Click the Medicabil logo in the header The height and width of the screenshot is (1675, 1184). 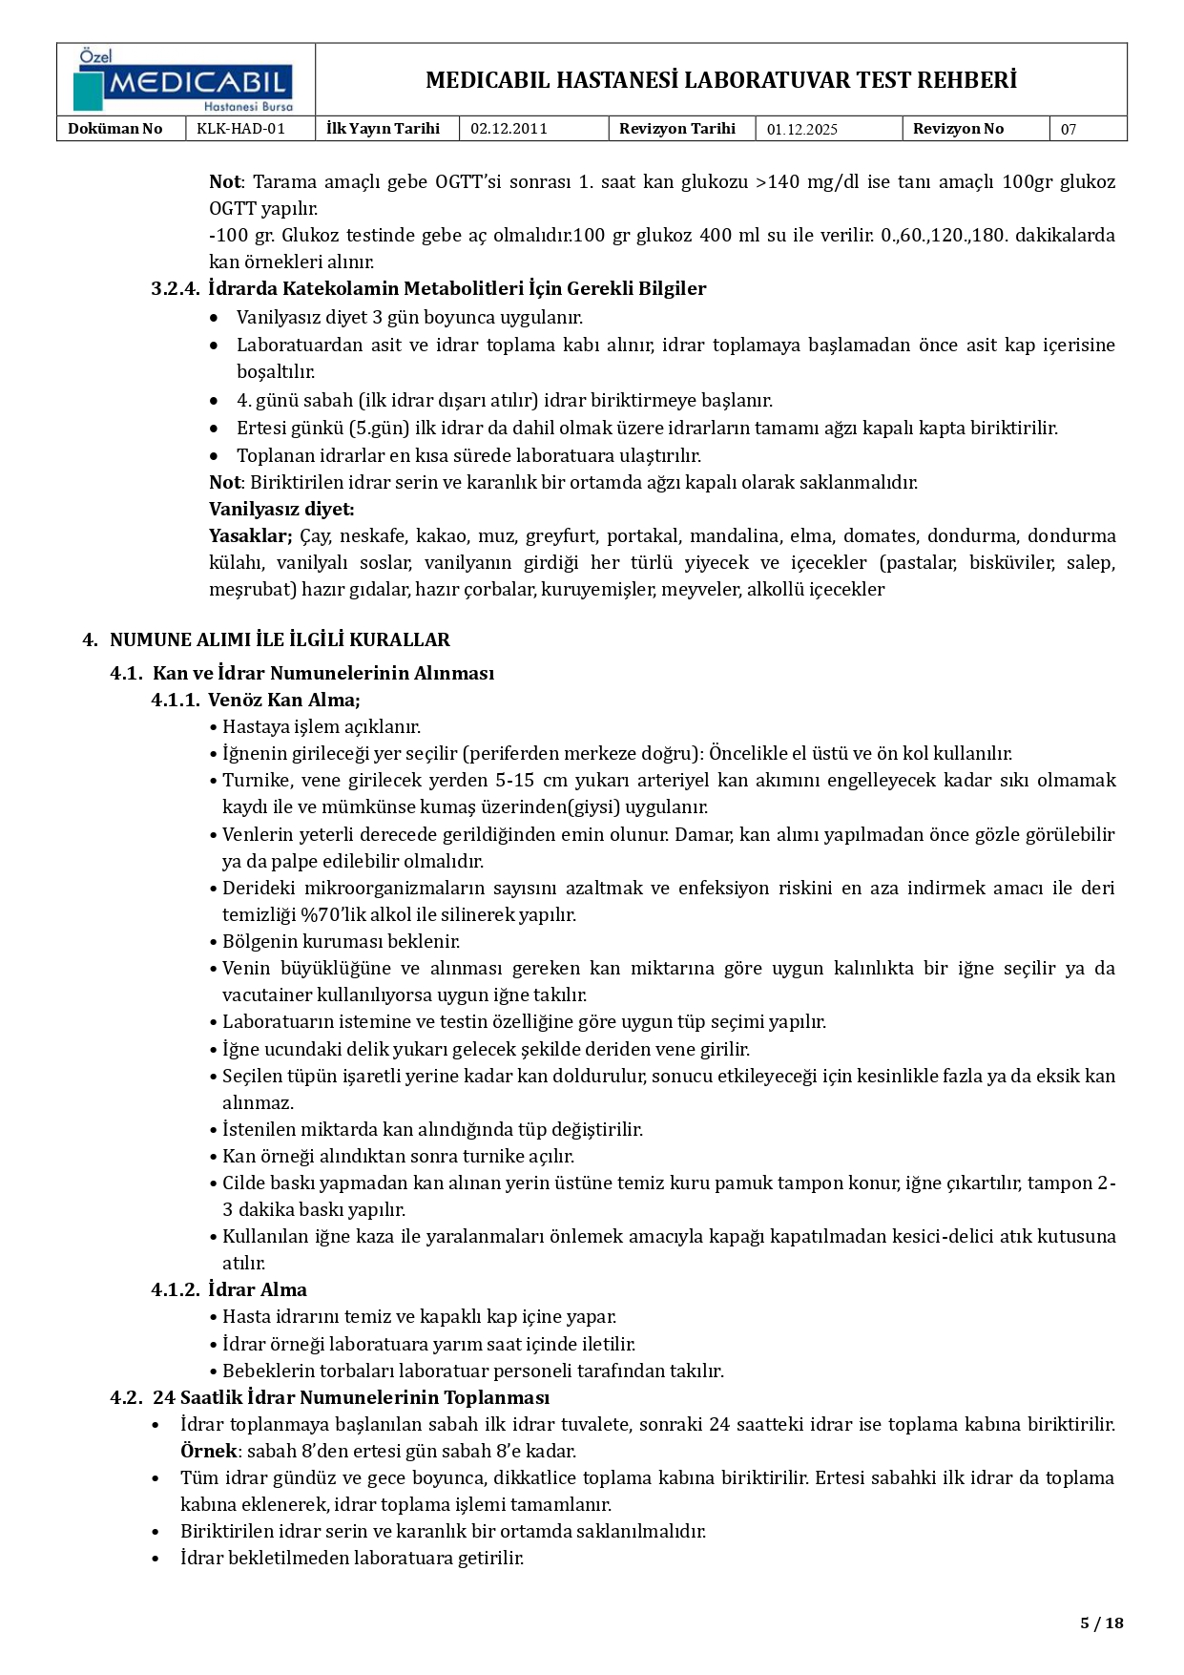point(185,81)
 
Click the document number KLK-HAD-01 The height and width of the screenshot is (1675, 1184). point(240,129)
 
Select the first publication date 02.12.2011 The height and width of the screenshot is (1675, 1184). point(509,129)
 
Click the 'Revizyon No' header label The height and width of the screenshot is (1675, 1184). point(958,129)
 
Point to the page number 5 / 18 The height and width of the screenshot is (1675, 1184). point(1102,1623)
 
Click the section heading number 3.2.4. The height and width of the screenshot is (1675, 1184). point(176,288)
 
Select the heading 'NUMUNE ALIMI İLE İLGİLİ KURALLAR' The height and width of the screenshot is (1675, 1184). point(280,639)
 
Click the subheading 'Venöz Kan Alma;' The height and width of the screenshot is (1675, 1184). point(283,700)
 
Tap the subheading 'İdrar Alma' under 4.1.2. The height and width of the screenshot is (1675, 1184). point(257,1289)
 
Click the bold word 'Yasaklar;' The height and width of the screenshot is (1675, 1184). point(250,535)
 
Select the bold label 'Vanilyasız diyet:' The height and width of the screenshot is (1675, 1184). point(281,509)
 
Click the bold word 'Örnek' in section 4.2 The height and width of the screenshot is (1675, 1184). point(208,1451)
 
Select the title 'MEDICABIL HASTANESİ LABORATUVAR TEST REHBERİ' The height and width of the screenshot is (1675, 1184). point(720,80)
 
